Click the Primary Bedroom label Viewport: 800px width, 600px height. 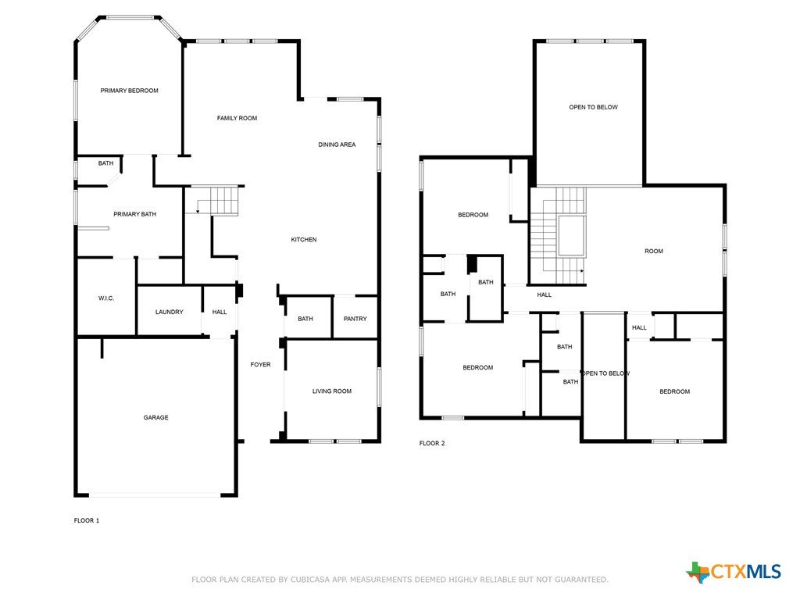129,91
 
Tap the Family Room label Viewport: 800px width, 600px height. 237,119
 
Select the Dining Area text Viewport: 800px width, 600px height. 337,145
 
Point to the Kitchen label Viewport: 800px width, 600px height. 304,240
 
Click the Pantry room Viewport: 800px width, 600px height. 355,317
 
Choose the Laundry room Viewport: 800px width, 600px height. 170,310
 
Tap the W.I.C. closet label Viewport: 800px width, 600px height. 106,298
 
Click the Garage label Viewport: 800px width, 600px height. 155,418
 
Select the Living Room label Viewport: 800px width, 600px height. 331,391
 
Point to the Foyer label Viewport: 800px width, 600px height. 260,365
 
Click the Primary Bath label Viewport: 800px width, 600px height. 134,214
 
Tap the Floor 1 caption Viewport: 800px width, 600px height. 87,521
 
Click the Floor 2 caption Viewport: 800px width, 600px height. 432,444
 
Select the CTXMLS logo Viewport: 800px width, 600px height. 734,571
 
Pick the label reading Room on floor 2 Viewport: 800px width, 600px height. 654,252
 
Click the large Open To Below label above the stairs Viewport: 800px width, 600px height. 594,108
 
